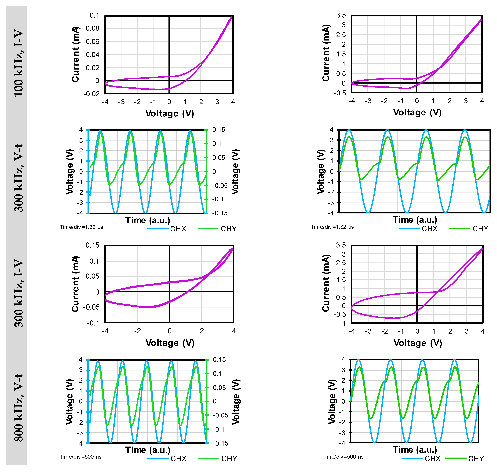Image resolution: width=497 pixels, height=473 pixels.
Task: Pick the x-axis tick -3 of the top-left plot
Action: (121, 102)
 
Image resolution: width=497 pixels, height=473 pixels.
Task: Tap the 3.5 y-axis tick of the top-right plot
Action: (341, 15)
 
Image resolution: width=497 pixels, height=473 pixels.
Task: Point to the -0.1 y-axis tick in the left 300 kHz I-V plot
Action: (93, 323)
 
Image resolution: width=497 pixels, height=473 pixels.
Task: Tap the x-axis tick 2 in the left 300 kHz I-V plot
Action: (202, 331)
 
